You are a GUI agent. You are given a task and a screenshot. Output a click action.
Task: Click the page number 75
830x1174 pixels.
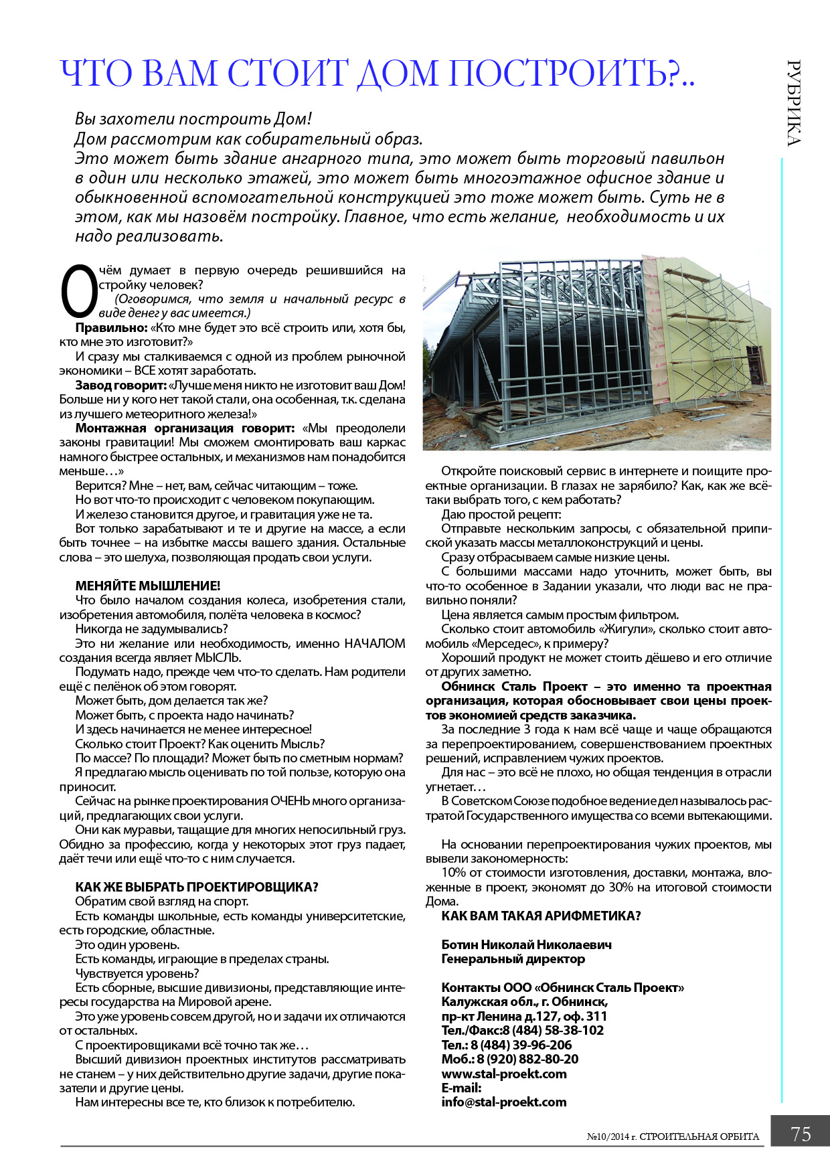click(801, 1134)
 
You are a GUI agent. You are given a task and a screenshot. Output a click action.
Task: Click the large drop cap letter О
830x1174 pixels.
click(78, 292)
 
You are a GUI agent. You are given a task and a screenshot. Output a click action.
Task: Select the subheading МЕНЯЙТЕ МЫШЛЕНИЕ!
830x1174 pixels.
click(148, 586)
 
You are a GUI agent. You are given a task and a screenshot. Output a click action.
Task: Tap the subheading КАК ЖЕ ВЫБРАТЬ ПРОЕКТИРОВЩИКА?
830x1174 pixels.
click(197, 887)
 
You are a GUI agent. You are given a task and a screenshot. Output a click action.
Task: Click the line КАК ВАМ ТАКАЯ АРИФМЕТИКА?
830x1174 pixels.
click(541, 916)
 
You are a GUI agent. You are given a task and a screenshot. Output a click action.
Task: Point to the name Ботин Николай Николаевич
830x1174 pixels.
click(526, 944)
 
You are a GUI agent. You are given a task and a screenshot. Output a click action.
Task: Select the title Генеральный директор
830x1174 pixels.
click(513, 958)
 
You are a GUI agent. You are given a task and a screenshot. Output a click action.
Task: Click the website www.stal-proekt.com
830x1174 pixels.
click(504, 1074)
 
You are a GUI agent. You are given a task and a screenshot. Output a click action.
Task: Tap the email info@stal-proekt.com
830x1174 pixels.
click(504, 1102)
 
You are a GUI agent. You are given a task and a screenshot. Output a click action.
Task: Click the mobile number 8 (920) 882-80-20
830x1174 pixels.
click(529, 1059)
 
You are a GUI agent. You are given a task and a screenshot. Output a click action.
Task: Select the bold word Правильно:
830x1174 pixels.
click(111, 328)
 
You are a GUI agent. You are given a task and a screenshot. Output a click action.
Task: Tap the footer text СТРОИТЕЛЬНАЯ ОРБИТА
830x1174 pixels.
click(699, 1136)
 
